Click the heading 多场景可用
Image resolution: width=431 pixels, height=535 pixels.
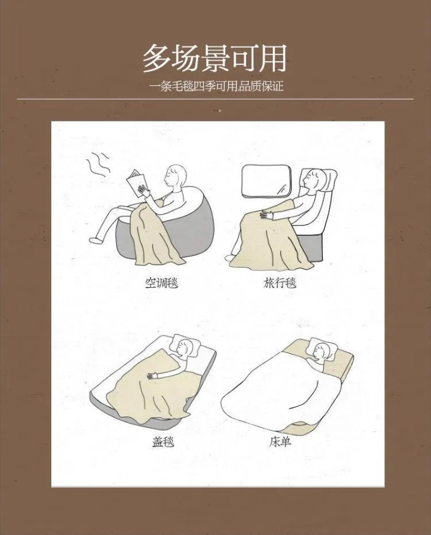point(214,59)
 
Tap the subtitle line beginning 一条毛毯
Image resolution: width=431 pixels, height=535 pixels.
point(215,87)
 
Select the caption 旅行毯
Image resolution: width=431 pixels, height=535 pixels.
point(280,282)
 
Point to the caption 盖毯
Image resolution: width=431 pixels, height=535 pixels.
point(163,442)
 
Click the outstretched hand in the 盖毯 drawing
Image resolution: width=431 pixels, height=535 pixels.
point(152,376)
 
